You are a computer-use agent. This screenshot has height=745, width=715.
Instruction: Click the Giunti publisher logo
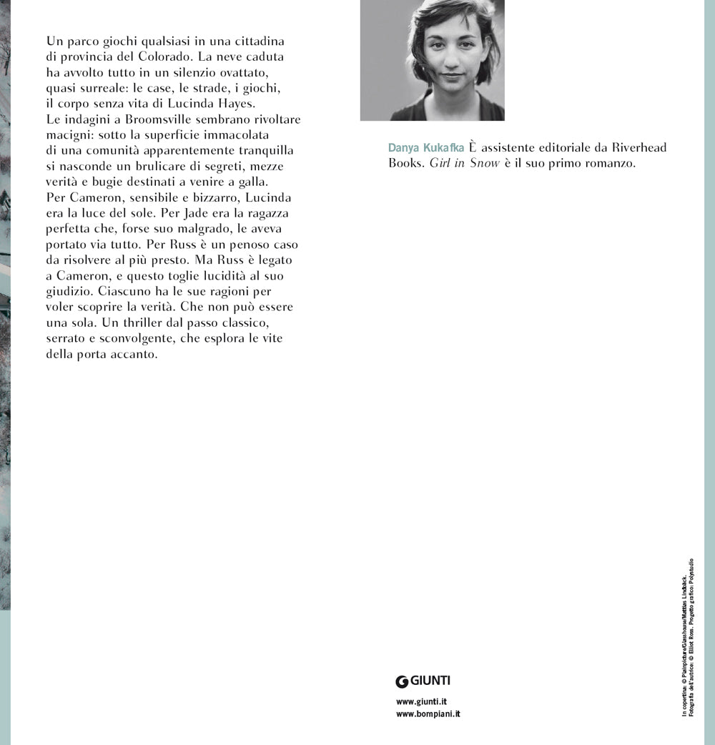pos(423,681)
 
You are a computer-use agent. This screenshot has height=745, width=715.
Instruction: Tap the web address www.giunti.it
pos(421,702)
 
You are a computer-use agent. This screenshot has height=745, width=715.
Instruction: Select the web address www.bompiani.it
pos(428,714)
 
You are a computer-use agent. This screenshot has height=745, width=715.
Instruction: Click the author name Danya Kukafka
pos(426,148)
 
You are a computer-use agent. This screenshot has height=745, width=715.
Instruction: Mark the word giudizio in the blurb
pos(71,291)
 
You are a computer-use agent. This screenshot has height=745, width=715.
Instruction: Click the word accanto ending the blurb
pos(130,354)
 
